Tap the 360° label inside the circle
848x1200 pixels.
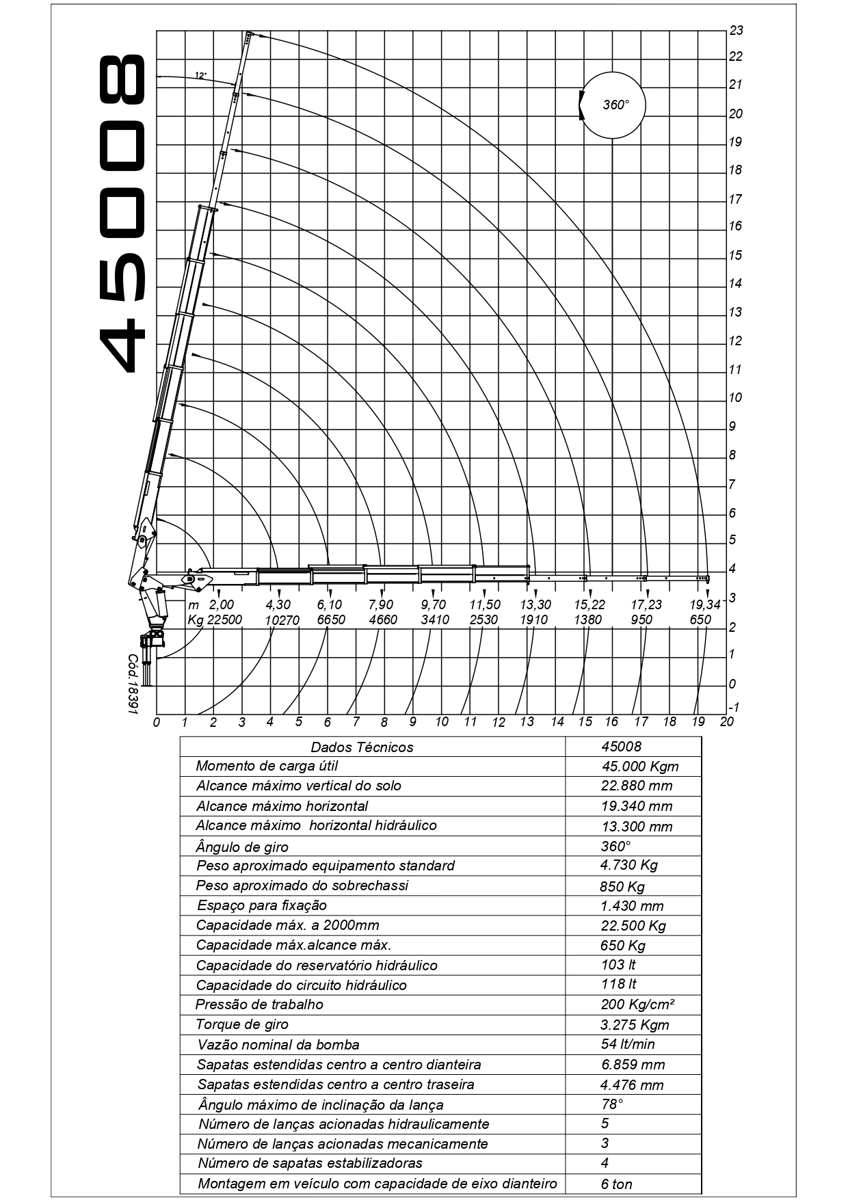coord(615,105)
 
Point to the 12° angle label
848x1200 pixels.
coord(200,76)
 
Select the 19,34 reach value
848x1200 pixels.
coord(705,604)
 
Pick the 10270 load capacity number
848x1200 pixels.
coord(282,619)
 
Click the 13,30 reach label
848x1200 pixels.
coord(535,604)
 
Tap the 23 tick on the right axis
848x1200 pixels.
coord(737,31)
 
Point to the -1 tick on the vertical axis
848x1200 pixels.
coord(734,707)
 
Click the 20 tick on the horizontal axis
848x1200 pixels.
coord(727,721)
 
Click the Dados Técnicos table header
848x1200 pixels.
coord(362,747)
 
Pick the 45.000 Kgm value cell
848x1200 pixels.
coord(640,766)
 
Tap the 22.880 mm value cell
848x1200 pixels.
coord(637,786)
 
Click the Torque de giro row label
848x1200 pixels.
coord(242,1024)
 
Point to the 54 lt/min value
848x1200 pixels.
coord(628,1044)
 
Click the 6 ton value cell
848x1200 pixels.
coord(617,1184)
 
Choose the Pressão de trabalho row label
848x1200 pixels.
coord(259,1004)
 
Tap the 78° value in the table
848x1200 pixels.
coord(612,1104)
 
